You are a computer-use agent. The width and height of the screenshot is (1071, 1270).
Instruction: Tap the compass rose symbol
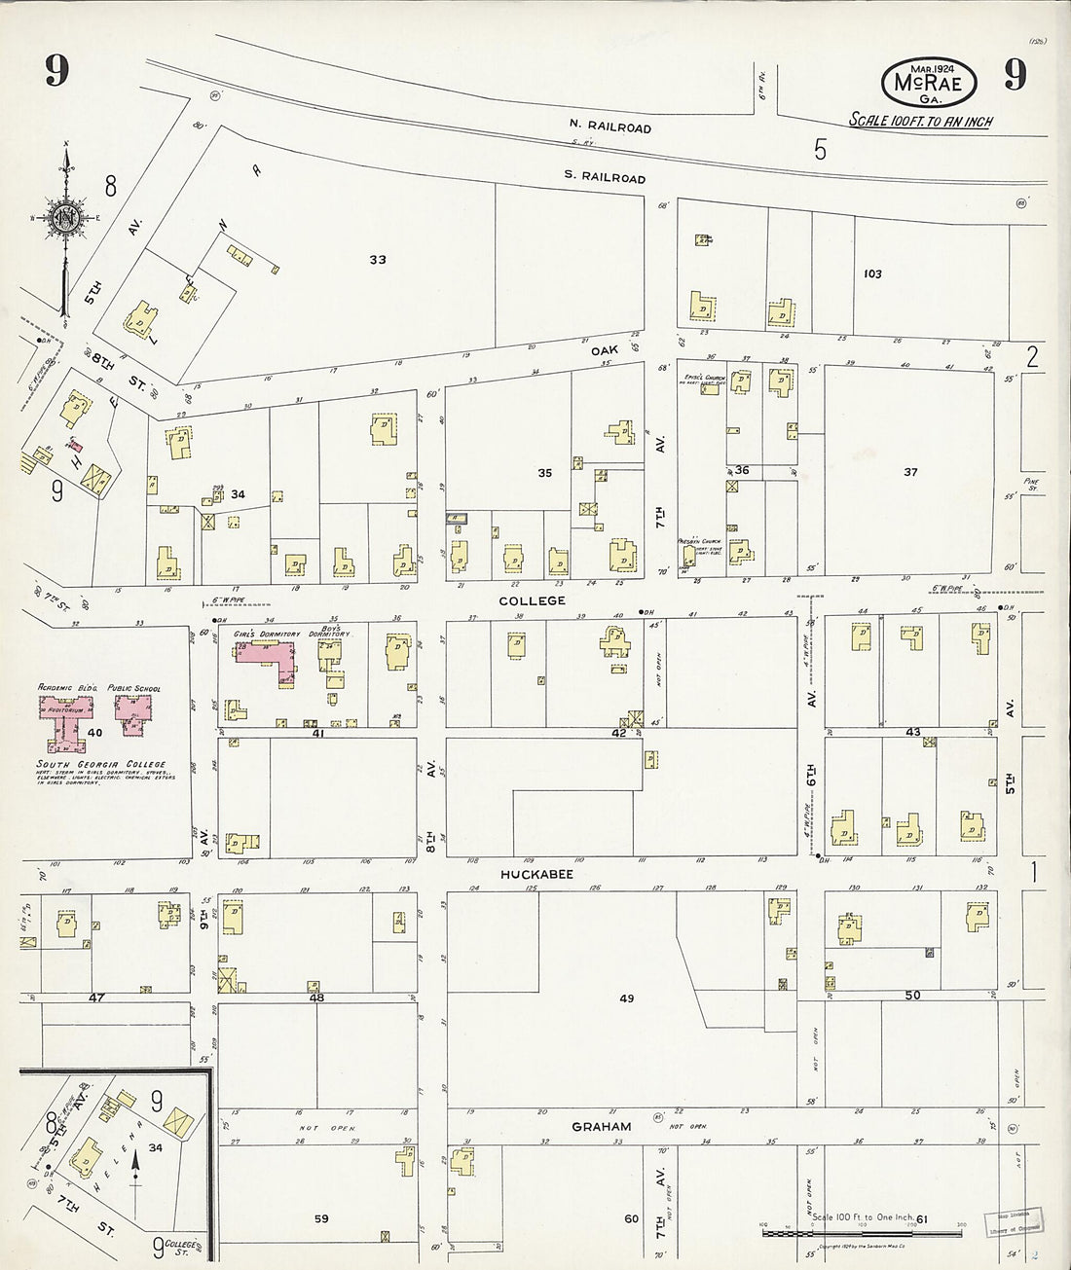click(x=65, y=215)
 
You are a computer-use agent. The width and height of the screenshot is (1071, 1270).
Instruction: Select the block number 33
click(x=378, y=260)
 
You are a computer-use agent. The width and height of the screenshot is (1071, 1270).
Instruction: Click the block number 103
click(x=872, y=274)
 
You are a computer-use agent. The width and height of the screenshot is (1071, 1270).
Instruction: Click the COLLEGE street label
click(x=532, y=601)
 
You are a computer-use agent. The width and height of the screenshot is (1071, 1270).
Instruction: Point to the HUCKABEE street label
click(x=536, y=875)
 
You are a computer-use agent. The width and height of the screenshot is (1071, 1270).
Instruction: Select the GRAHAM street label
click(x=601, y=1127)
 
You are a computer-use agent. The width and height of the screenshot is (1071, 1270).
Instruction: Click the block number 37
click(x=910, y=473)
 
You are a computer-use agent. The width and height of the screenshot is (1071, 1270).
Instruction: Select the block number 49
click(x=626, y=999)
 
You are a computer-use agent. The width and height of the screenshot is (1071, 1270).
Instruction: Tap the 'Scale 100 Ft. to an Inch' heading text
click(x=920, y=122)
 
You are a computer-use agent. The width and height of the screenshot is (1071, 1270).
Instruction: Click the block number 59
click(x=320, y=1218)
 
